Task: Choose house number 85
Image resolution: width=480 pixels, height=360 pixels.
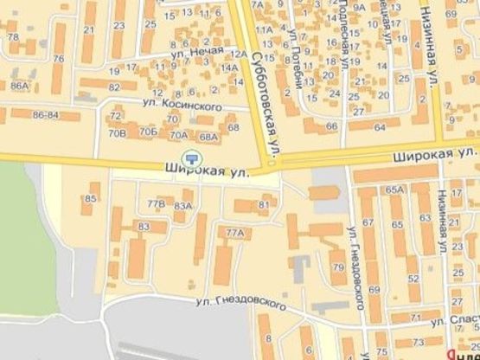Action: [90, 199]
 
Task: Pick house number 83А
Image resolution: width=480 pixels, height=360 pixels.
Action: [182, 207]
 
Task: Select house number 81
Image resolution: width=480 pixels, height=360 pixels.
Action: [264, 204]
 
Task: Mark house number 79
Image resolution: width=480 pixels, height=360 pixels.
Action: [338, 267]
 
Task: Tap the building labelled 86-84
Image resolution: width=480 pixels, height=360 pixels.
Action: [45, 114]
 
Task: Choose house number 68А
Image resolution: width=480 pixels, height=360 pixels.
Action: [208, 137]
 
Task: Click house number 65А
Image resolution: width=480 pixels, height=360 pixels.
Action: [396, 190]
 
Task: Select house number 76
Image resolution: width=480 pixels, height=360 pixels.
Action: [59, 59]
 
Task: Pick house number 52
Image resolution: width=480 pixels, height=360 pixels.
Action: [412, 278]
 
